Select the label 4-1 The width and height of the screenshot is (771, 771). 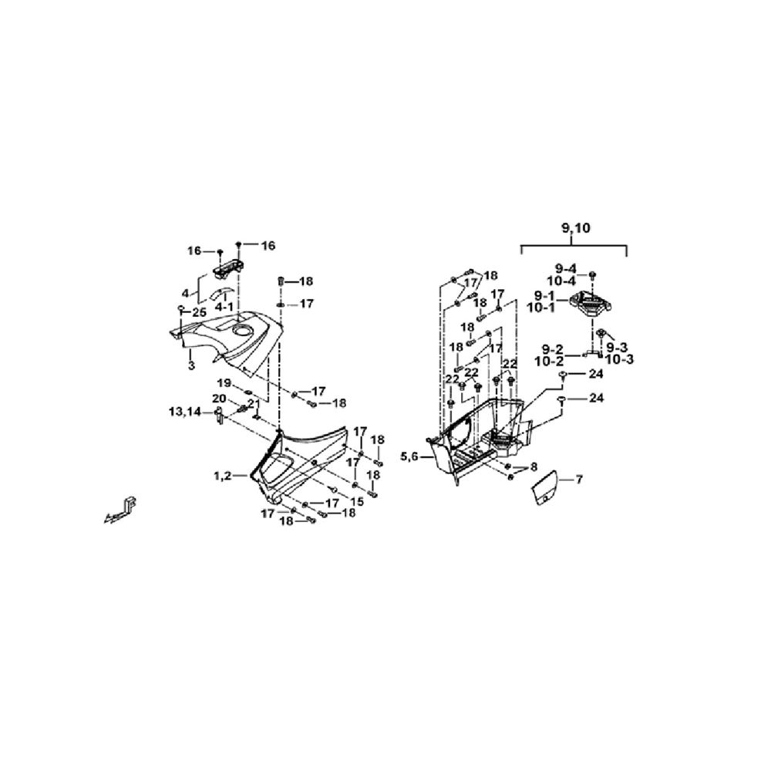[x=224, y=307]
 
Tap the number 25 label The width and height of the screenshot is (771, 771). [x=199, y=312]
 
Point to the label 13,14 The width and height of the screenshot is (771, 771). [x=185, y=412]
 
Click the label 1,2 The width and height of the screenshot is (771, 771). [x=222, y=476]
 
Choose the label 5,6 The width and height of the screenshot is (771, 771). [x=409, y=456]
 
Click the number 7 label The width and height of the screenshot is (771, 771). [x=579, y=479]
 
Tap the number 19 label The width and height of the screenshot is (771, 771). [x=224, y=382]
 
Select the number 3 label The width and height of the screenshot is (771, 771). [x=191, y=365]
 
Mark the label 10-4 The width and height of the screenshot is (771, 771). [x=561, y=281]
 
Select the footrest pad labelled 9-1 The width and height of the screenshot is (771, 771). [x=591, y=304]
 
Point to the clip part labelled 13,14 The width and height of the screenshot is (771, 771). [x=218, y=416]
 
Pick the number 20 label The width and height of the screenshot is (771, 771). [x=219, y=398]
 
